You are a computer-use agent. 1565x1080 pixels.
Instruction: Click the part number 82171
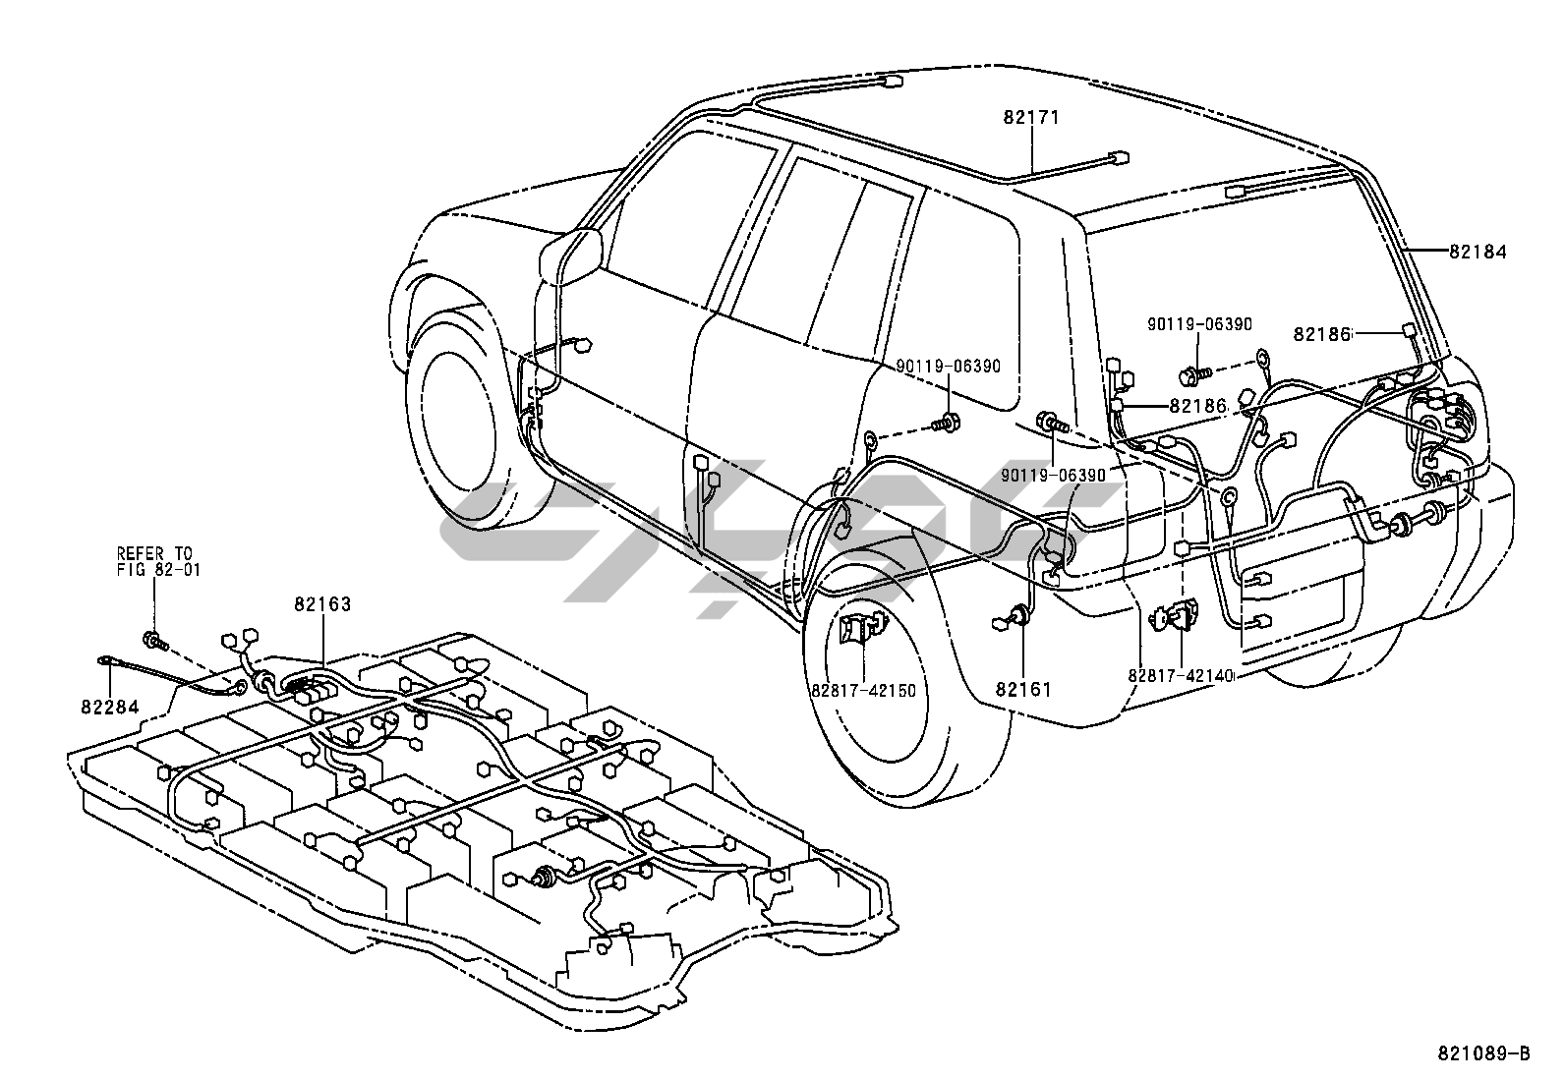(x=1031, y=117)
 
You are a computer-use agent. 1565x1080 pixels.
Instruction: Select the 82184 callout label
(x=1478, y=252)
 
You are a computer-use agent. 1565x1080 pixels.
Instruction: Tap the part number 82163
(x=321, y=604)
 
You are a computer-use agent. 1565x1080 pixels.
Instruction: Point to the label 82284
(x=109, y=706)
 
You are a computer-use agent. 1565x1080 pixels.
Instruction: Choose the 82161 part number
(x=1023, y=689)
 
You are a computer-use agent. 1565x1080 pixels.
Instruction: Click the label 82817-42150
(x=863, y=690)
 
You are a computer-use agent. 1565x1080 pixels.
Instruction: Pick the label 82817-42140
(x=1181, y=676)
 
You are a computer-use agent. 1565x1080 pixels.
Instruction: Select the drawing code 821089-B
(x=1483, y=1053)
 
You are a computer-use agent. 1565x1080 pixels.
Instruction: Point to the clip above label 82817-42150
(x=861, y=629)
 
